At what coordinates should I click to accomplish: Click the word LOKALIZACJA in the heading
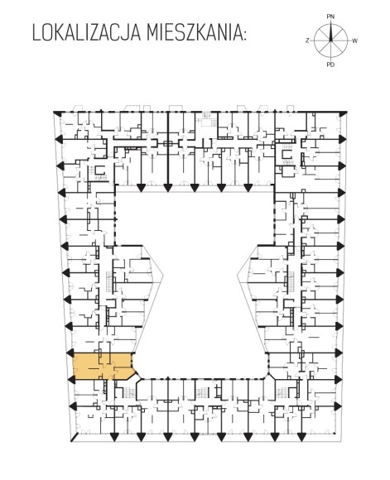(x=86, y=33)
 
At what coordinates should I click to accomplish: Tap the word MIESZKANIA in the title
(x=193, y=33)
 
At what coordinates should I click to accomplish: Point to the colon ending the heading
(x=244, y=35)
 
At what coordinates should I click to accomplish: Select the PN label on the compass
(x=330, y=17)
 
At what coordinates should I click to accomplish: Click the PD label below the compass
(x=330, y=65)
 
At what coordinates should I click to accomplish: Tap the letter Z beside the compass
(x=307, y=41)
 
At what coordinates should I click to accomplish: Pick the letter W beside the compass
(x=354, y=41)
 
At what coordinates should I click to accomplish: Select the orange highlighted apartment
(x=103, y=366)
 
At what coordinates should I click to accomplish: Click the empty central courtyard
(x=195, y=276)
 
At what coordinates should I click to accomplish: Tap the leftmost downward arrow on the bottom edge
(x=114, y=438)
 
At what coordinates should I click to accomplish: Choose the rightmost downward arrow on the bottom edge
(x=301, y=438)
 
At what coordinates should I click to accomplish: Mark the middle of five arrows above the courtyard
(x=195, y=188)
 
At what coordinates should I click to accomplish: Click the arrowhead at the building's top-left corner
(x=56, y=113)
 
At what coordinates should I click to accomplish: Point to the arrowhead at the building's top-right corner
(x=344, y=113)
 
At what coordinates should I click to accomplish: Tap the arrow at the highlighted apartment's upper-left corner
(x=70, y=353)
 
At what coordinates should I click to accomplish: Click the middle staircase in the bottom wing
(x=201, y=391)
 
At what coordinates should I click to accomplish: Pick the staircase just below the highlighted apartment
(x=129, y=391)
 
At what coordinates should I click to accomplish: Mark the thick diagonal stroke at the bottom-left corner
(x=75, y=437)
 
